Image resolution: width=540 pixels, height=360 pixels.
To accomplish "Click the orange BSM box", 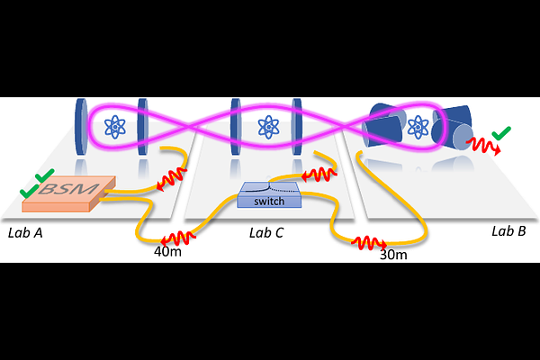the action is click(x=69, y=194).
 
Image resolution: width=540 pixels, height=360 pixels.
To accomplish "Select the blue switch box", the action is click(x=269, y=195).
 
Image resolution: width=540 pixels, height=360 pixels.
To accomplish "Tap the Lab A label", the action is click(x=25, y=233).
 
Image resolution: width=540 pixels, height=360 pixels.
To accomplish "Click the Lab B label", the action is click(x=508, y=231).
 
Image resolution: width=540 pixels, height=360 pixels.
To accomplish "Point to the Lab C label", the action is click(x=266, y=233).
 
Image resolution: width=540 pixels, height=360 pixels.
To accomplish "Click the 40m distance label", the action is click(x=167, y=252).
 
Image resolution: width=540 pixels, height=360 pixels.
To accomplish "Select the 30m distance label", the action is click(x=393, y=255).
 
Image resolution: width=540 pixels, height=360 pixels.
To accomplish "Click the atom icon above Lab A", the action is click(x=115, y=127).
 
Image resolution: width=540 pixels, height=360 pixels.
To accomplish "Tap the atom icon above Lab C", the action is click(x=268, y=127).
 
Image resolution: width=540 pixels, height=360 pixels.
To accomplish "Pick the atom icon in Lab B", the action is click(x=418, y=127).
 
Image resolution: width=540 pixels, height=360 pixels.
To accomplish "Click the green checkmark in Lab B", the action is click(x=501, y=133).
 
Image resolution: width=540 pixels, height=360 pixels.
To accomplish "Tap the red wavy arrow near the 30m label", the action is click(x=369, y=243).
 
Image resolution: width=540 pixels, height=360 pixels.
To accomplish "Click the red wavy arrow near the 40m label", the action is click(x=178, y=238).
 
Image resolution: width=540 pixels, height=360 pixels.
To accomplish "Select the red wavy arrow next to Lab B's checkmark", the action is click(x=483, y=146).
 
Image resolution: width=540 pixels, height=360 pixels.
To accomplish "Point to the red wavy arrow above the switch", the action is click(x=319, y=175).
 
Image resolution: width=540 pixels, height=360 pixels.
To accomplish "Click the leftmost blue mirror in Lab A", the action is click(x=81, y=127).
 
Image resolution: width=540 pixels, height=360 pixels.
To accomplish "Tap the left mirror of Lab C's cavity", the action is click(x=236, y=127).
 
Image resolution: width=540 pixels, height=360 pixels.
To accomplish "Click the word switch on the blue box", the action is click(x=269, y=202).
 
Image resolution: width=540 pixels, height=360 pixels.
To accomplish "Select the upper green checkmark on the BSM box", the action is click(x=45, y=175).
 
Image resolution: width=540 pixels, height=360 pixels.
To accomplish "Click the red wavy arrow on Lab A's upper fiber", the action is click(x=172, y=178).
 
